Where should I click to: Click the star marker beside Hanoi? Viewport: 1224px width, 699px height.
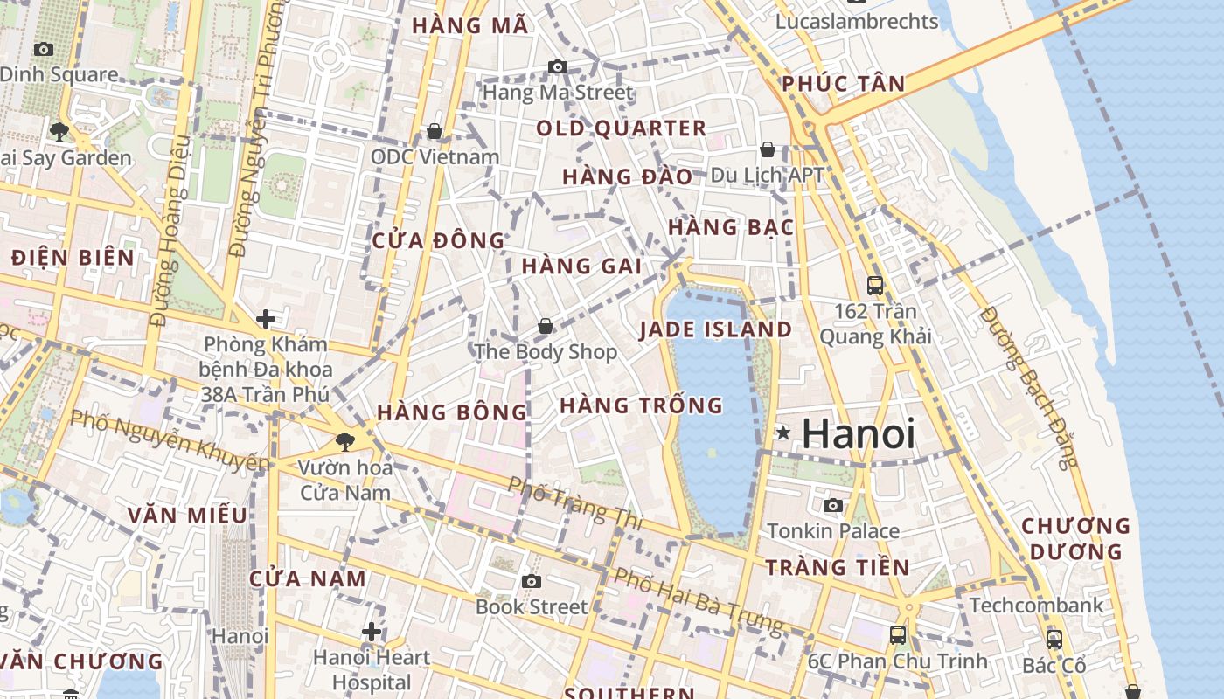[x=782, y=433]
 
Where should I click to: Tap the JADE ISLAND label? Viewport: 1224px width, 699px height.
[x=715, y=329]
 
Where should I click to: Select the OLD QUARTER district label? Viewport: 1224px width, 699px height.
[x=621, y=128]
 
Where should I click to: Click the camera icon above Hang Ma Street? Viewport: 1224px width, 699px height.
[x=557, y=66]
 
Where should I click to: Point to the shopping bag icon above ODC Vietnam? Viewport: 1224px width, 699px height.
[x=435, y=131]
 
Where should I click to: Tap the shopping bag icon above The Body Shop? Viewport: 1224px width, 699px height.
[x=546, y=326]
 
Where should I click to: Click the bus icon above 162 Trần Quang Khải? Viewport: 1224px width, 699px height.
[x=874, y=285]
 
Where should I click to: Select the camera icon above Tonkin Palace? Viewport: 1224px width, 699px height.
[x=833, y=505]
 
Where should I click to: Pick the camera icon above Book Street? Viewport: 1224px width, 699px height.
[x=531, y=581]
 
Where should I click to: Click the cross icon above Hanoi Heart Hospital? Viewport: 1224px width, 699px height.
[x=372, y=631]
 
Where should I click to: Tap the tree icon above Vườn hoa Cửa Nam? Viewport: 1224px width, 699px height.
[x=345, y=441]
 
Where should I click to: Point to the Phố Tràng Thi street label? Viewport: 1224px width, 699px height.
[x=575, y=503]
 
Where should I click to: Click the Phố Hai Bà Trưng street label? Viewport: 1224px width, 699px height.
[x=698, y=601]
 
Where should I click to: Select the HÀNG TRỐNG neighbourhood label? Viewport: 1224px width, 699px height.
[x=641, y=405]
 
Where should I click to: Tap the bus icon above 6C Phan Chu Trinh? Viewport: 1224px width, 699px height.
[x=897, y=635]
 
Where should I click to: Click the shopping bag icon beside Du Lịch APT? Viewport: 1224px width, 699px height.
[x=767, y=149]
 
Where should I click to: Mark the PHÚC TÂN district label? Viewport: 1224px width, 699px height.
[x=843, y=84]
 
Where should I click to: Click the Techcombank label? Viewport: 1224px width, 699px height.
[x=1036, y=605]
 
